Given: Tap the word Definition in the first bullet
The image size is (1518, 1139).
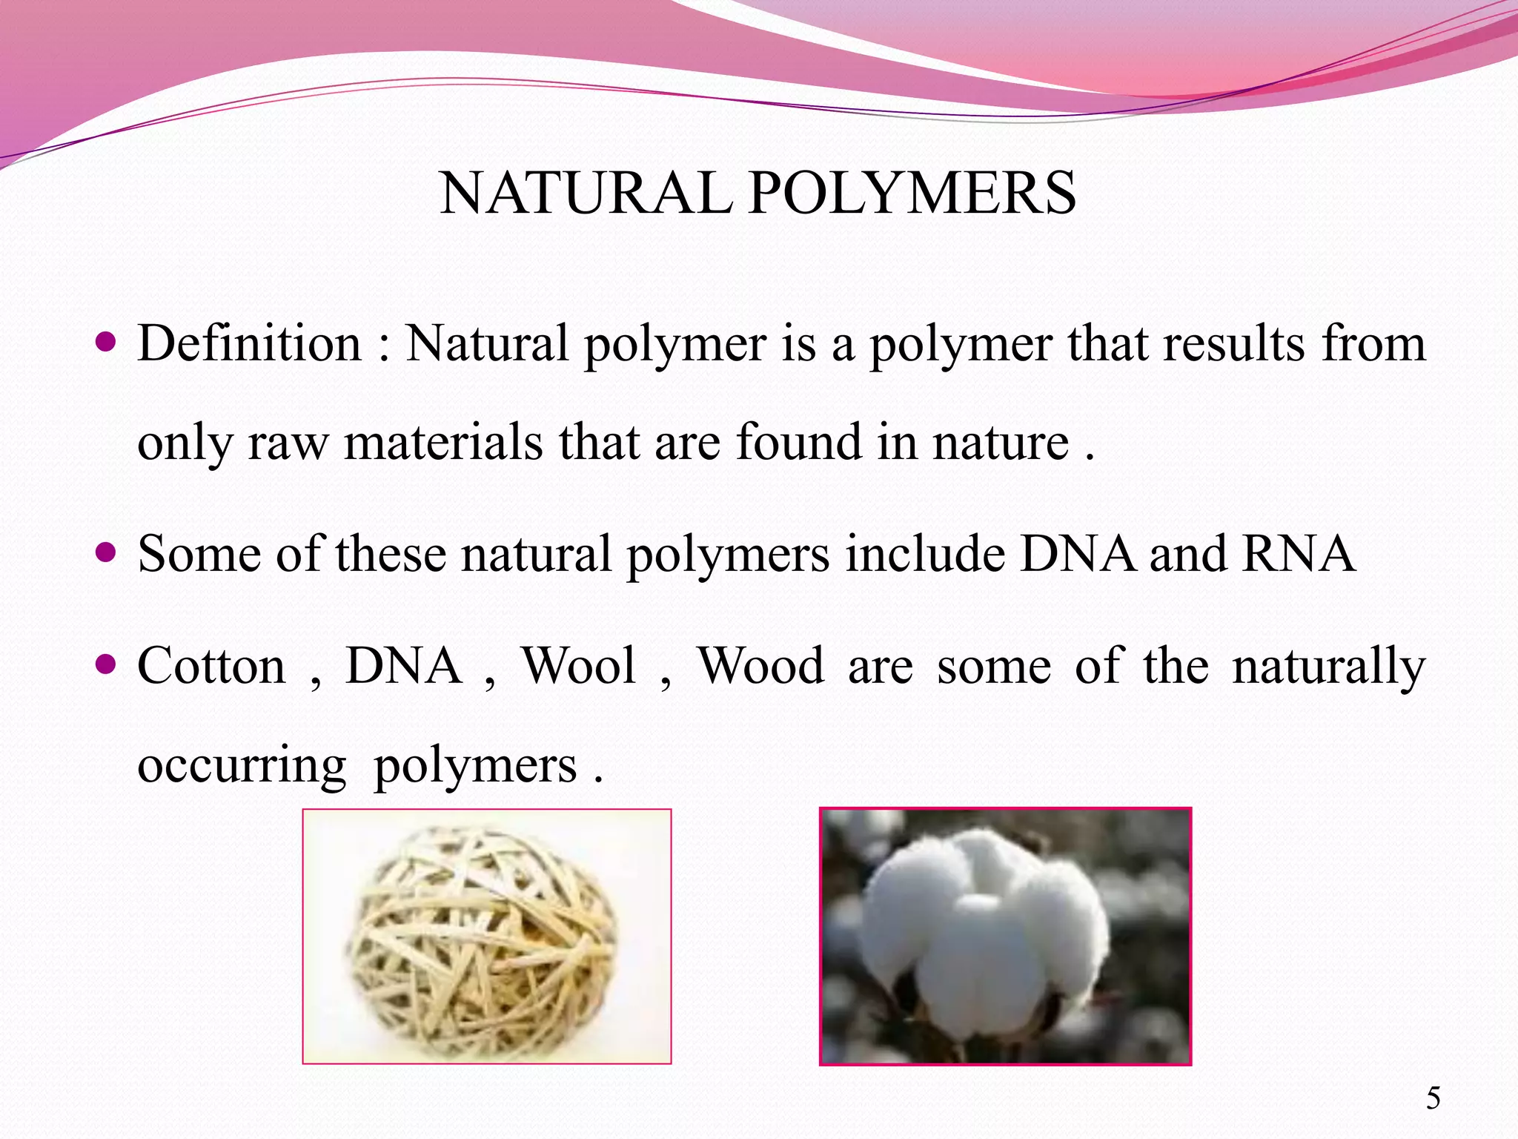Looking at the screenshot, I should (249, 344).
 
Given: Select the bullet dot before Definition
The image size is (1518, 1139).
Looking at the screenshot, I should (107, 343).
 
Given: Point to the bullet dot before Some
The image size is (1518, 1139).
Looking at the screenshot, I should (107, 552).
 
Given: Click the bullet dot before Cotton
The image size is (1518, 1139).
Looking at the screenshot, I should (107, 663).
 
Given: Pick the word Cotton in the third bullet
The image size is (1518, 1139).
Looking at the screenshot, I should (211, 666).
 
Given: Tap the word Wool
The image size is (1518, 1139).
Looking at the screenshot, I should (579, 666).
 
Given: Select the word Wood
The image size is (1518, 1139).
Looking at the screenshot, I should (760, 666).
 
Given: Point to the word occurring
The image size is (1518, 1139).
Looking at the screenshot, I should (242, 767).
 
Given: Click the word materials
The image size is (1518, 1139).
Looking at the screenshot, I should (443, 443).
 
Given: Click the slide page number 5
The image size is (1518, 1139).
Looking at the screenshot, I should (1434, 1098).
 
